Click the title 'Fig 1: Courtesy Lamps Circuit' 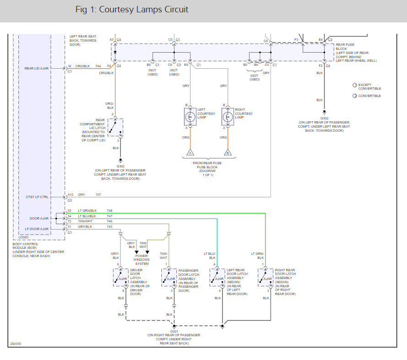[131, 10]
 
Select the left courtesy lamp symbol [190, 117]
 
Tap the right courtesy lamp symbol [228, 117]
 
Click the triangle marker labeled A [190, 152]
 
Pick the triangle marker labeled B [228, 152]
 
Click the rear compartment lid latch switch [115, 127]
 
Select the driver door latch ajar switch [121, 278]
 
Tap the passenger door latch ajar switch [169, 278]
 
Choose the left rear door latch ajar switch [217, 278]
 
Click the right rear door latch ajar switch [266, 278]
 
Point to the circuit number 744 [98, 66]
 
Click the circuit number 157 [98, 194]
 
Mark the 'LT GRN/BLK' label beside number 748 [87, 210]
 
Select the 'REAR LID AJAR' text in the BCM [37, 69]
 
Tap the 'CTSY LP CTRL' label [37, 197]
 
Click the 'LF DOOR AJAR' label [37, 229]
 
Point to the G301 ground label [174, 332]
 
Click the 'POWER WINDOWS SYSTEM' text [141, 260]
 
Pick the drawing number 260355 [16, 344]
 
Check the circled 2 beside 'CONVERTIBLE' [355, 96]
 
